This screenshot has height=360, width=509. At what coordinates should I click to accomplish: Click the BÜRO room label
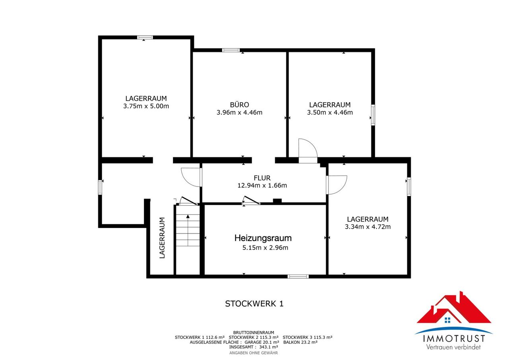239,105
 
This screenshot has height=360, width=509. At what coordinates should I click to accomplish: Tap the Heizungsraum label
263,238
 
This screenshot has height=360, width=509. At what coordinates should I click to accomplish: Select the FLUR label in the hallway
262,178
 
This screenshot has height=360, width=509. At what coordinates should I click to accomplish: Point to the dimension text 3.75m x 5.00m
146,106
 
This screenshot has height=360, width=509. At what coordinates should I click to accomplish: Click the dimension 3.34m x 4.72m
368,227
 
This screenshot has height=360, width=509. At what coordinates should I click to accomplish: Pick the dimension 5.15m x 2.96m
265,247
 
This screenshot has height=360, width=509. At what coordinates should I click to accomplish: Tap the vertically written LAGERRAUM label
162,238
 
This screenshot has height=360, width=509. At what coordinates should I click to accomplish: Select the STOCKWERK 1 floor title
254,304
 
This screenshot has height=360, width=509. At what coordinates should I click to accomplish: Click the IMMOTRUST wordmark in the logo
454,339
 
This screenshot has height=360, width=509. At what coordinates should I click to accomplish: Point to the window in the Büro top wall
231,50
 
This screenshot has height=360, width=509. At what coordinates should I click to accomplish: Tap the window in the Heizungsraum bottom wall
298,276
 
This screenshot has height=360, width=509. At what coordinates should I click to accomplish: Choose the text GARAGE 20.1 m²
262,342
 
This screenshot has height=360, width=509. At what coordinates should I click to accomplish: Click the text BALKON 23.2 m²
300,342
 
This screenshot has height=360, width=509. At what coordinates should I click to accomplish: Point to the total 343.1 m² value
268,347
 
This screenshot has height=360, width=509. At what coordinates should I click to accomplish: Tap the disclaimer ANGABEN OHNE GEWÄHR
254,353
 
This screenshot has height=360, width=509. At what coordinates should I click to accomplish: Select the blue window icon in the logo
447,320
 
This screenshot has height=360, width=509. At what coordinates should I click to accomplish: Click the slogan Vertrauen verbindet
453,347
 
